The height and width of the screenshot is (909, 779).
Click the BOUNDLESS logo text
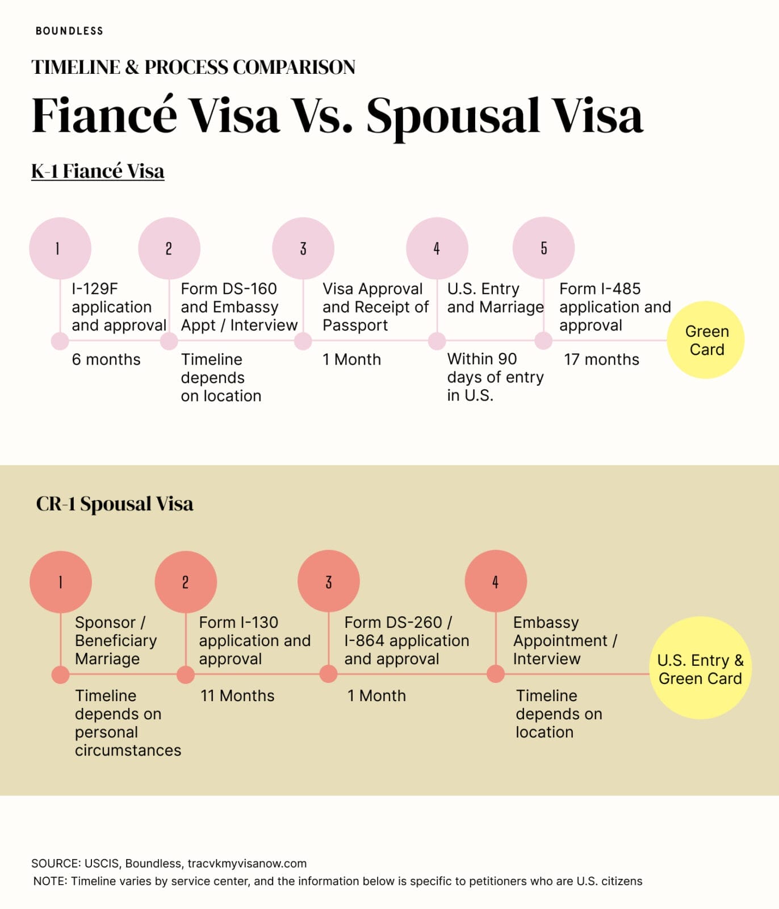69,31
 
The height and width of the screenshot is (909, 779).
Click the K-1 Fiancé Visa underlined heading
98,171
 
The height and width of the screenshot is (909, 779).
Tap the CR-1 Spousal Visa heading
115,504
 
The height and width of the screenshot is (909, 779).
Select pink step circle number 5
543,248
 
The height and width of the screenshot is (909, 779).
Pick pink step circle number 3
303,248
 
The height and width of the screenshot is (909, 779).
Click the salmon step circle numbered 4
496,581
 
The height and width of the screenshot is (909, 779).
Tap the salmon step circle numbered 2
186,582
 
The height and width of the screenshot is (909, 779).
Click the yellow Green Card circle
706,340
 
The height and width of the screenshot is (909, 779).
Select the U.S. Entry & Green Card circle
700,668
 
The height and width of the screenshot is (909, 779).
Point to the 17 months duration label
601,360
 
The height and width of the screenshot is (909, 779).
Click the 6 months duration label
106,360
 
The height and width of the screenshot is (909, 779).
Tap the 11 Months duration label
237,696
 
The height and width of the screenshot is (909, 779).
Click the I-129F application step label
119,307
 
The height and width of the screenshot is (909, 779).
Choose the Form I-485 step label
615,307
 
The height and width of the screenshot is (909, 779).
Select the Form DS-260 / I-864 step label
407,640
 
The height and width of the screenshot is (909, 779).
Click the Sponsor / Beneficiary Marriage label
116,640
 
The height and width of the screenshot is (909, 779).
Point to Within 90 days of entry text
495,377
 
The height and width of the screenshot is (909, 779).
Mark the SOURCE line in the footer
169,864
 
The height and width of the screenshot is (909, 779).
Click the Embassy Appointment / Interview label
565,640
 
